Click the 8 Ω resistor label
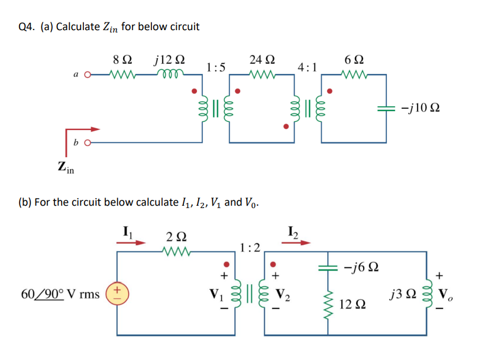pos(122,60)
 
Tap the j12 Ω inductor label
pos(169,60)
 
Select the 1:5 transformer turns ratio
pos(216,67)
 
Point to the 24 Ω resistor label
pos(261,60)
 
